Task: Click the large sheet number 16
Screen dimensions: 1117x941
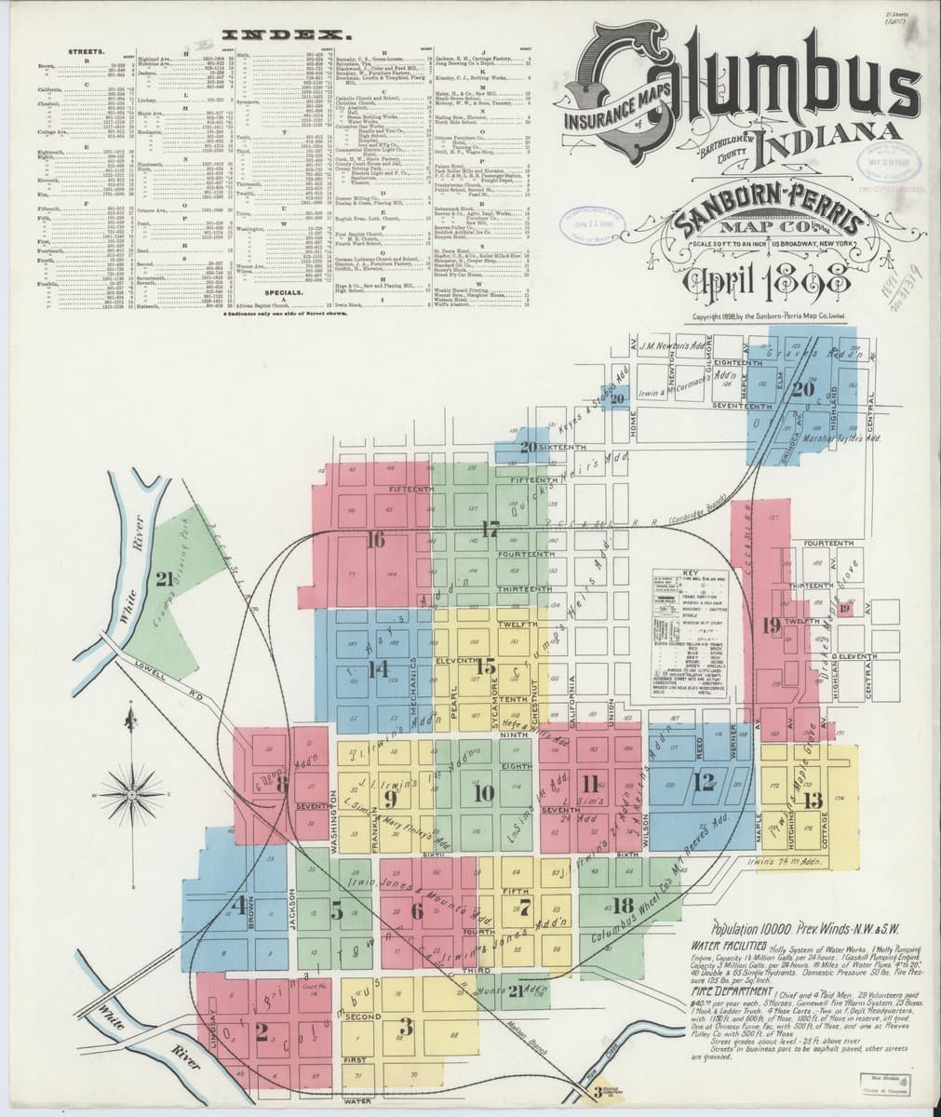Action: click(x=375, y=539)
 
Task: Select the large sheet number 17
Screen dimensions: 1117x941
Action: click(x=490, y=530)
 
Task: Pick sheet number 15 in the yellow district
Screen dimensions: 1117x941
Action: click(x=485, y=666)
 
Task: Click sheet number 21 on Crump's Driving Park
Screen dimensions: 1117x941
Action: click(x=164, y=580)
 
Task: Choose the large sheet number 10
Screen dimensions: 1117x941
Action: click(x=484, y=792)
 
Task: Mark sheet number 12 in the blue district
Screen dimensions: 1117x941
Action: click(x=703, y=780)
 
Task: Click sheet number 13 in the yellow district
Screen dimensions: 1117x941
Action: click(x=813, y=800)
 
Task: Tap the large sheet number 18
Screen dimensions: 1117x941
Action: click(x=623, y=904)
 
